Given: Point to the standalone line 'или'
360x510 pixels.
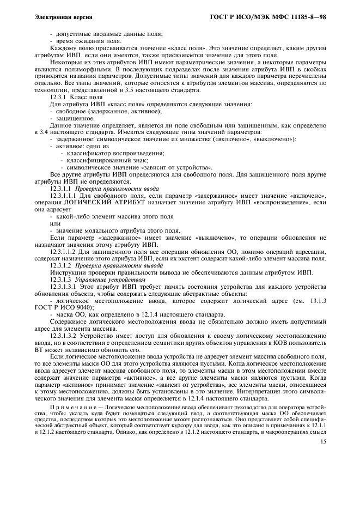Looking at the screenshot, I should [x=54, y=223].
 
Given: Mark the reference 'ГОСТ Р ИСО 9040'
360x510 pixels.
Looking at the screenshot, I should [x=70, y=307].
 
